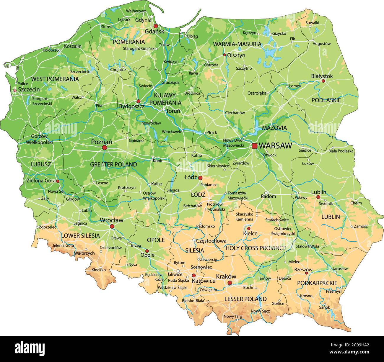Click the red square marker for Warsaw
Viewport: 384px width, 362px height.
click(254, 146)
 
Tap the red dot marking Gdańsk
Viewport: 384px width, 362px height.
click(156, 26)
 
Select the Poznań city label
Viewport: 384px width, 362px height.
click(101, 142)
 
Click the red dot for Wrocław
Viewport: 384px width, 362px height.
click(112, 226)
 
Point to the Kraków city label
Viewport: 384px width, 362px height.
click(226, 276)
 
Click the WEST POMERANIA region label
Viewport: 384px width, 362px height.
click(55, 79)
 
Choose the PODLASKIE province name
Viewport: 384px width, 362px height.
click(326, 100)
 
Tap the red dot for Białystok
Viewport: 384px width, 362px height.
click(323, 81)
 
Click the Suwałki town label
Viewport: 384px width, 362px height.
click(312, 22)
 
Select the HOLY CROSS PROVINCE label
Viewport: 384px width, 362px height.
click(256, 248)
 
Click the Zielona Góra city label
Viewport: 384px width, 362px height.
click(41, 181)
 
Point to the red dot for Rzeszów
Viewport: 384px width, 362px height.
click(307, 273)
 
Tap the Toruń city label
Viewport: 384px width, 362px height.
click(173, 111)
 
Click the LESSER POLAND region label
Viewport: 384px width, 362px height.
click(245, 299)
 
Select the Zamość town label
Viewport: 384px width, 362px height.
click(361, 226)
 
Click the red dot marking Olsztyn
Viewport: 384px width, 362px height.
click(224, 55)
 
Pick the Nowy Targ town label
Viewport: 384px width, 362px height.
click(233, 316)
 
